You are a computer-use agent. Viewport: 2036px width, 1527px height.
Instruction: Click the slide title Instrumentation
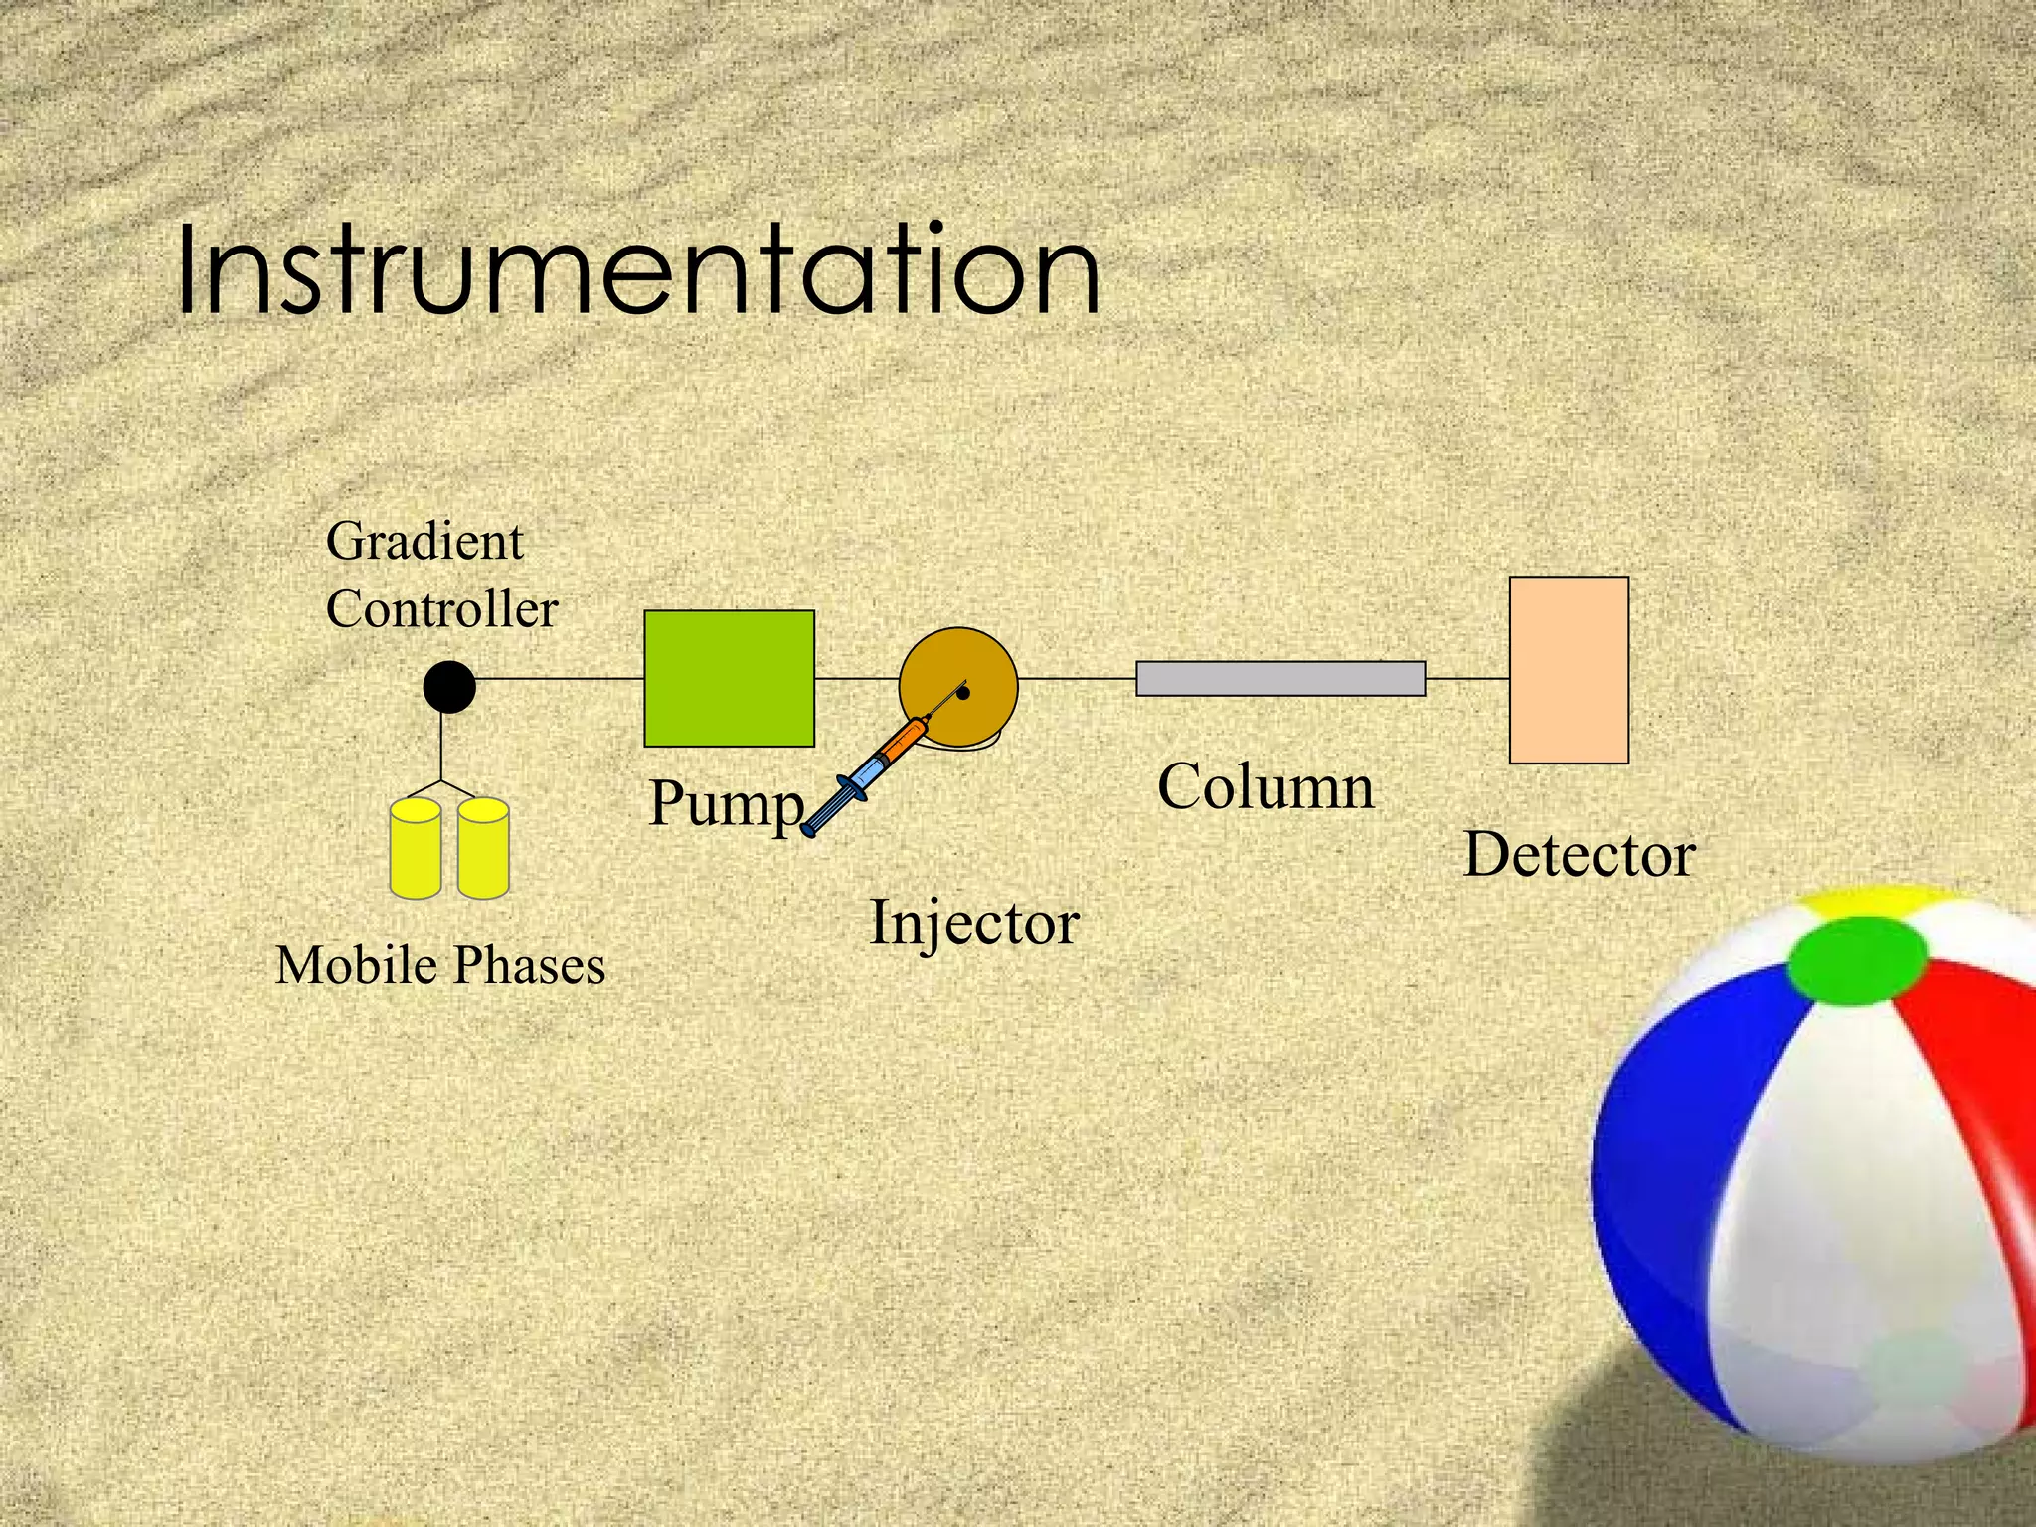(x=638, y=270)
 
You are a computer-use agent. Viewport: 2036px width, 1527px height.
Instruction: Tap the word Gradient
(x=424, y=542)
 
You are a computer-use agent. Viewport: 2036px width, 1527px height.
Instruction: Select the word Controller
(x=441, y=608)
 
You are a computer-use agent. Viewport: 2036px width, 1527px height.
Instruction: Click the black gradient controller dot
(x=449, y=687)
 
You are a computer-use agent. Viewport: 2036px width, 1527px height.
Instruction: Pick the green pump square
(x=729, y=678)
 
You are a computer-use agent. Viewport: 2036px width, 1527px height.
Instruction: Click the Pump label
(x=726, y=803)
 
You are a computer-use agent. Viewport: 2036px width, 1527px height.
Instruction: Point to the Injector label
(x=974, y=923)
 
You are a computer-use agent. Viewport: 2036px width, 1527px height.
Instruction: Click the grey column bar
(x=1280, y=678)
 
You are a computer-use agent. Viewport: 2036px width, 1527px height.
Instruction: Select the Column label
(x=1266, y=787)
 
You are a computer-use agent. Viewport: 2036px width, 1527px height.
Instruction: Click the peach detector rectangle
(x=1569, y=670)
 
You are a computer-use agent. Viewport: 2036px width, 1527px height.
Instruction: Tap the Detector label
(x=1579, y=854)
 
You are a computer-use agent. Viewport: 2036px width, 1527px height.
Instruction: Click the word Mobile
(x=356, y=965)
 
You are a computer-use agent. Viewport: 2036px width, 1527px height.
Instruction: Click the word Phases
(x=529, y=965)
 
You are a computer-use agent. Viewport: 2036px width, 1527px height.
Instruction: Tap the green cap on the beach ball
(x=1857, y=957)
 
